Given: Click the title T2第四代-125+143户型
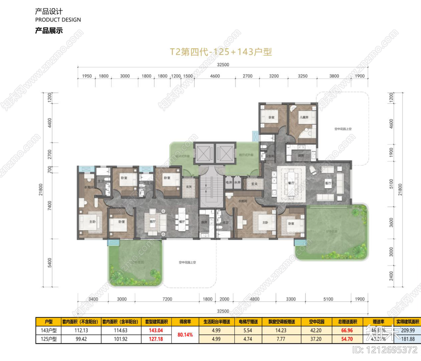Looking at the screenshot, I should [x=221, y=52].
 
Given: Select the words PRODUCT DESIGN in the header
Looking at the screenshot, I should [x=58, y=20].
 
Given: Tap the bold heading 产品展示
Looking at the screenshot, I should [x=49, y=31].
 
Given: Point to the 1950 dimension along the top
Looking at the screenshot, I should [x=87, y=76].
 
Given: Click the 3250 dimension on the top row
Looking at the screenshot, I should [x=302, y=76].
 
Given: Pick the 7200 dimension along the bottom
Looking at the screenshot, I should [x=167, y=299].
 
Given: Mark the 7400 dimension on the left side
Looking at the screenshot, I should [x=50, y=205].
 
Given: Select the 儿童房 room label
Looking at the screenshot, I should [x=304, y=117].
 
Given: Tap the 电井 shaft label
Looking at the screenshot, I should [x=229, y=182].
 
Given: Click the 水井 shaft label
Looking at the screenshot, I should [x=237, y=182].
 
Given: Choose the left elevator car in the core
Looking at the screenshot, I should [x=204, y=153].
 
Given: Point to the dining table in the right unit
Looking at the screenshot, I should [x=291, y=183].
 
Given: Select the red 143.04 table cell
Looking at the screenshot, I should [x=156, y=330].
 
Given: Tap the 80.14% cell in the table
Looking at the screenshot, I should [x=185, y=335].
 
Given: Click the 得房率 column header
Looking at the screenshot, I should [x=185, y=322].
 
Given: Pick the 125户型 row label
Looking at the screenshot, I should [x=49, y=339].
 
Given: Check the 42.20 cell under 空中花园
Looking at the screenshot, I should [x=316, y=330].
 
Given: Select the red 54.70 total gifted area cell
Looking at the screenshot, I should [x=347, y=339].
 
